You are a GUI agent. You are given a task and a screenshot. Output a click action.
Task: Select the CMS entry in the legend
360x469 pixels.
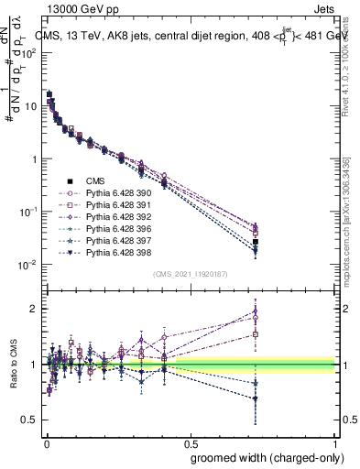(x=96, y=181)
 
